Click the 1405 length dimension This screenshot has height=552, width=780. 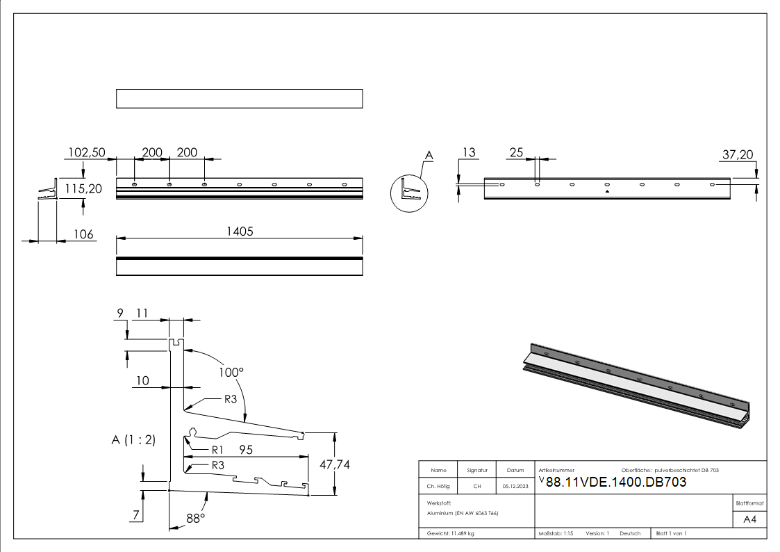239,232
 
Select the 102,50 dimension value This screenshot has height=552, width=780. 86,152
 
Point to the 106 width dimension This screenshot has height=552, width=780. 83,234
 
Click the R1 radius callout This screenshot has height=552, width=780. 217,450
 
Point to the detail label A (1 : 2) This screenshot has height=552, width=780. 133,439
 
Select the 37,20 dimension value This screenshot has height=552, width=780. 738,155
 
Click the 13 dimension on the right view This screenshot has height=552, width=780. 470,152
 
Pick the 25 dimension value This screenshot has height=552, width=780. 516,152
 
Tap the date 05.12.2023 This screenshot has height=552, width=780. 515,486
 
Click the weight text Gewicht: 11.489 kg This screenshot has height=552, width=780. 451,533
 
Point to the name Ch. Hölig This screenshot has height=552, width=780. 438,486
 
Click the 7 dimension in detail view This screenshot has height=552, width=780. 138,514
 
